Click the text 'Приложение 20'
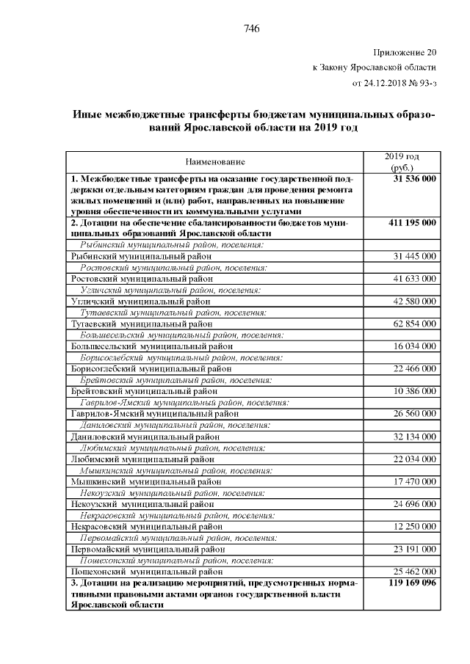(x=405, y=52)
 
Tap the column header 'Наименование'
(x=215, y=161)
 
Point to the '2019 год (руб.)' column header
(x=402, y=161)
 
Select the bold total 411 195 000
(x=412, y=222)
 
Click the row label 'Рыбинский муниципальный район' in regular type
(x=141, y=256)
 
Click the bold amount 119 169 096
(x=412, y=583)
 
